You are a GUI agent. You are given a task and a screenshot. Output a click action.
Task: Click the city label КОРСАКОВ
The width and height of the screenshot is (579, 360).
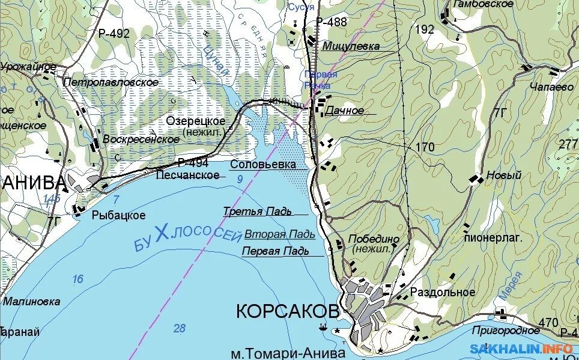click(287, 311)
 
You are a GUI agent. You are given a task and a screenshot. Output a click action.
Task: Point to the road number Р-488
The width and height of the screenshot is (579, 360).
click(332, 22)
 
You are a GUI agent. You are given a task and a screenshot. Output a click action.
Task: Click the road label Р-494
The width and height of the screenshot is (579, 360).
click(193, 163)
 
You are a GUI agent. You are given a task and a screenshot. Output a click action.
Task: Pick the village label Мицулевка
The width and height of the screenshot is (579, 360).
click(351, 46)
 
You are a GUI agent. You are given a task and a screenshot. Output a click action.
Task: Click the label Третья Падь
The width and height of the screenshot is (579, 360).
click(257, 212)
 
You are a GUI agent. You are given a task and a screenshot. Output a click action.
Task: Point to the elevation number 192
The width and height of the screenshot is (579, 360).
click(424, 29)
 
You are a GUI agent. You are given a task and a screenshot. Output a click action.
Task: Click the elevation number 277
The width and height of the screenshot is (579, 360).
click(568, 144)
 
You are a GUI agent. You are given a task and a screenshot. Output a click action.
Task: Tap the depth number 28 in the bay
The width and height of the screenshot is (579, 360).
click(179, 328)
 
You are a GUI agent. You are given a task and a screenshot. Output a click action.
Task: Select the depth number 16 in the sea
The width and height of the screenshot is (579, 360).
click(77, 279)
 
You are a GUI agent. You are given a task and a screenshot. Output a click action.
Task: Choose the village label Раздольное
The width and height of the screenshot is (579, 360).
click(443, 293)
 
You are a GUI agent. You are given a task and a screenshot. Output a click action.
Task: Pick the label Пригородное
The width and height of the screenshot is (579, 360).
click(506, 331)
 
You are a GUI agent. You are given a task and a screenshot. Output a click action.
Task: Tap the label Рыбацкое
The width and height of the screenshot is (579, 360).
click(119, 215)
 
